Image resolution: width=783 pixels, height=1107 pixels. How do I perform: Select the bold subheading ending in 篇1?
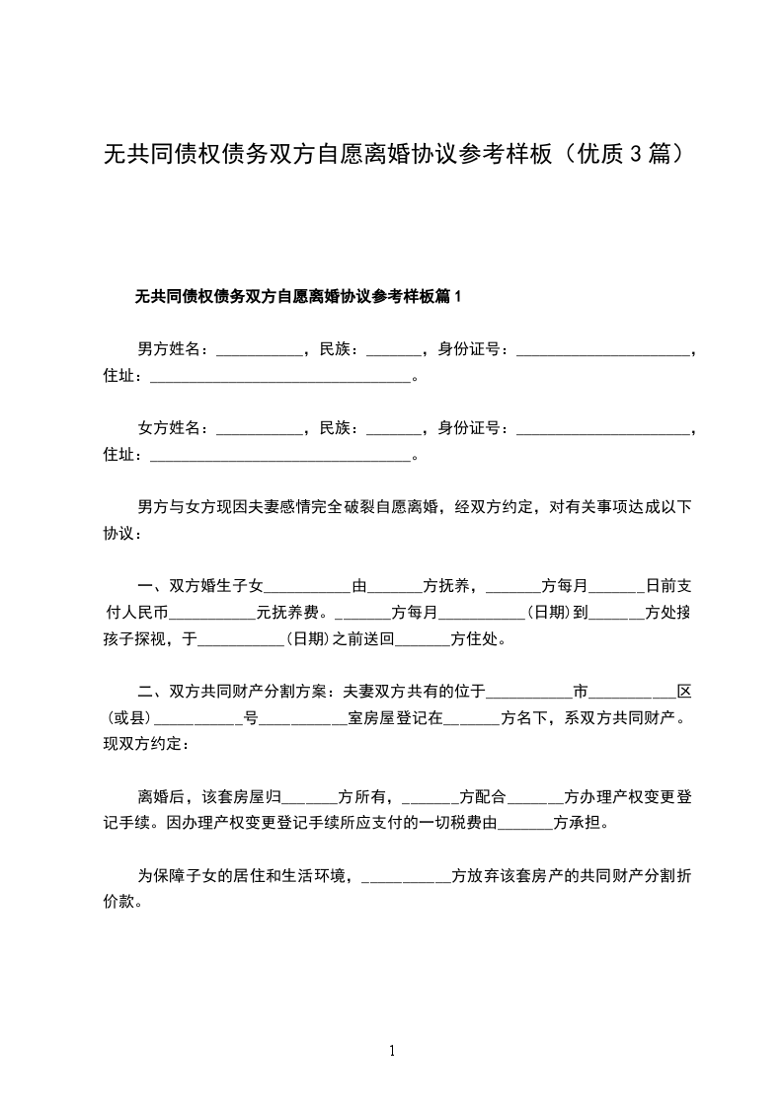299,296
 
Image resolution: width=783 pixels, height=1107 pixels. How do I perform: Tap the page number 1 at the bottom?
392,1051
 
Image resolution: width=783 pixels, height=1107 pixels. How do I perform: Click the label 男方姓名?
170,349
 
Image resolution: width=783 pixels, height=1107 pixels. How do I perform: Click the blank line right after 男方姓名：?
259,351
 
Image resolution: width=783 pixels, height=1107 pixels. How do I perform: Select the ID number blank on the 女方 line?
602,430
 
